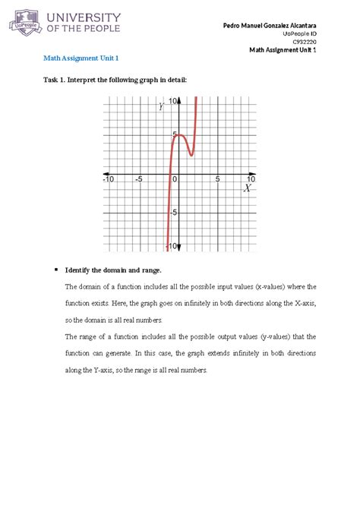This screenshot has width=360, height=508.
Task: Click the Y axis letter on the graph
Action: (161, 107)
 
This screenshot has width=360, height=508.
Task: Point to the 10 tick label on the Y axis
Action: (174, 100)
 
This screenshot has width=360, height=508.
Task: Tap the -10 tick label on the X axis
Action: (108, 179)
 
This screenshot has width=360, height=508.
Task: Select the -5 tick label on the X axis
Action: (138, 179)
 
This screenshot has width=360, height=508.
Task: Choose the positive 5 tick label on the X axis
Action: (217, 179)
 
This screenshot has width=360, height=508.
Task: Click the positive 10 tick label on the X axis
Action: (250, 179)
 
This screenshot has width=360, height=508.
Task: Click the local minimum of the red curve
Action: (191, 155)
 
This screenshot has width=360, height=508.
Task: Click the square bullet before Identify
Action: (56, 270)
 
